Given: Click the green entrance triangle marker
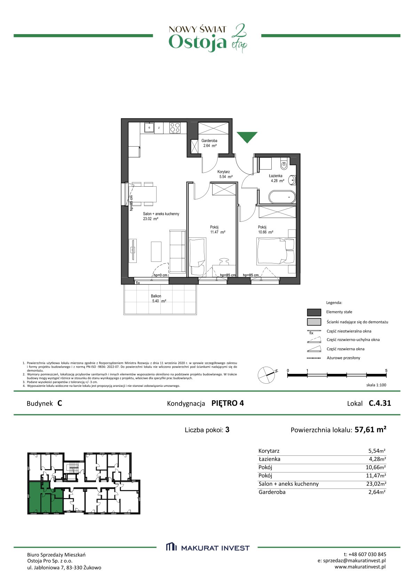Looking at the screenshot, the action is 247,136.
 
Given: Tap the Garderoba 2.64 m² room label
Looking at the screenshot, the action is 209,143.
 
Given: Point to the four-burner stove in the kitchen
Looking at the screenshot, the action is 175,128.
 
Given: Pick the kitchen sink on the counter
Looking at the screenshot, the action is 150,128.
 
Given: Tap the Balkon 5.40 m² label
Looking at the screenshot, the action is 158,298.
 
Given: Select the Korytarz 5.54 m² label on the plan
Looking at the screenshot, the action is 225,174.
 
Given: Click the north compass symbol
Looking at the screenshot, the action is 267,375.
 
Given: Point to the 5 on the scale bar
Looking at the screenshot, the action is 386,370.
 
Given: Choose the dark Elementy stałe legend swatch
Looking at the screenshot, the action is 314,312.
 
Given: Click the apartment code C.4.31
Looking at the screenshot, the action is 380,403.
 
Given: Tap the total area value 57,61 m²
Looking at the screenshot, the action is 371,430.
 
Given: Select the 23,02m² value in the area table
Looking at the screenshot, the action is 376,484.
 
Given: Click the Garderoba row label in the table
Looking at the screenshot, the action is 272,492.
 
